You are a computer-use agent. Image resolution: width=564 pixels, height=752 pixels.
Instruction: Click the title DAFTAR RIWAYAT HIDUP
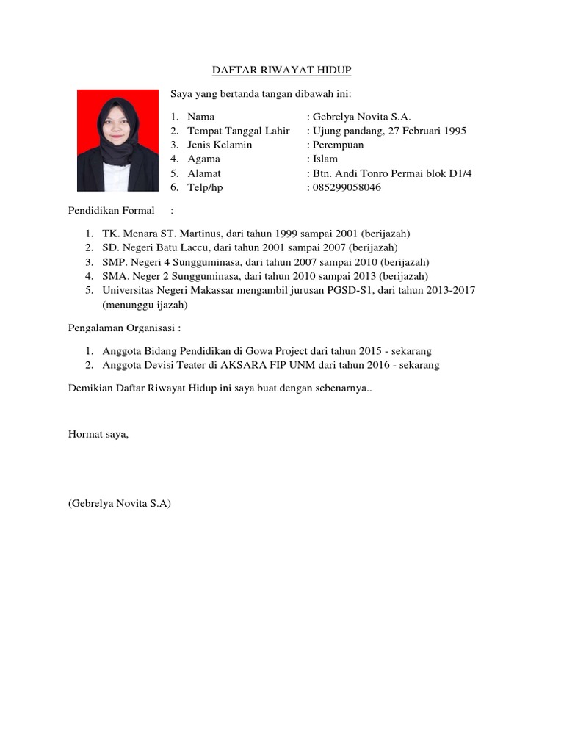point(282,70)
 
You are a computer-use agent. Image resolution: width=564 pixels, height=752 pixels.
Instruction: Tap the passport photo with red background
point(117,140)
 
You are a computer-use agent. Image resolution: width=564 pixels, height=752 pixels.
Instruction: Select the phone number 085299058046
point(347,188)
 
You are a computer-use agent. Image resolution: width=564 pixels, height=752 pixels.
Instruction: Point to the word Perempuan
point(339,145)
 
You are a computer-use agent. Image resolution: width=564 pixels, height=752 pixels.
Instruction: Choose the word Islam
point(325,159)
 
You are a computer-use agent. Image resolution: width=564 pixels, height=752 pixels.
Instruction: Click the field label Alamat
point(204,174)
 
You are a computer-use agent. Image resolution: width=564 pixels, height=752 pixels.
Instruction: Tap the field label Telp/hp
point(205,188)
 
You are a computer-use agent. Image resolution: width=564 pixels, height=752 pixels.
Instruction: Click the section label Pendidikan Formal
point(112,211)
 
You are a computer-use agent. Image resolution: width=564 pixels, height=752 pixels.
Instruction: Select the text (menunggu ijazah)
point(145,304)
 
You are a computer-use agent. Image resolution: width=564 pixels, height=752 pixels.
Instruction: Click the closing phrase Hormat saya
point(98,434)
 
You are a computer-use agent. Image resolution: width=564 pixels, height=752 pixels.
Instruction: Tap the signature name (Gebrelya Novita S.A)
point(120,504)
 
